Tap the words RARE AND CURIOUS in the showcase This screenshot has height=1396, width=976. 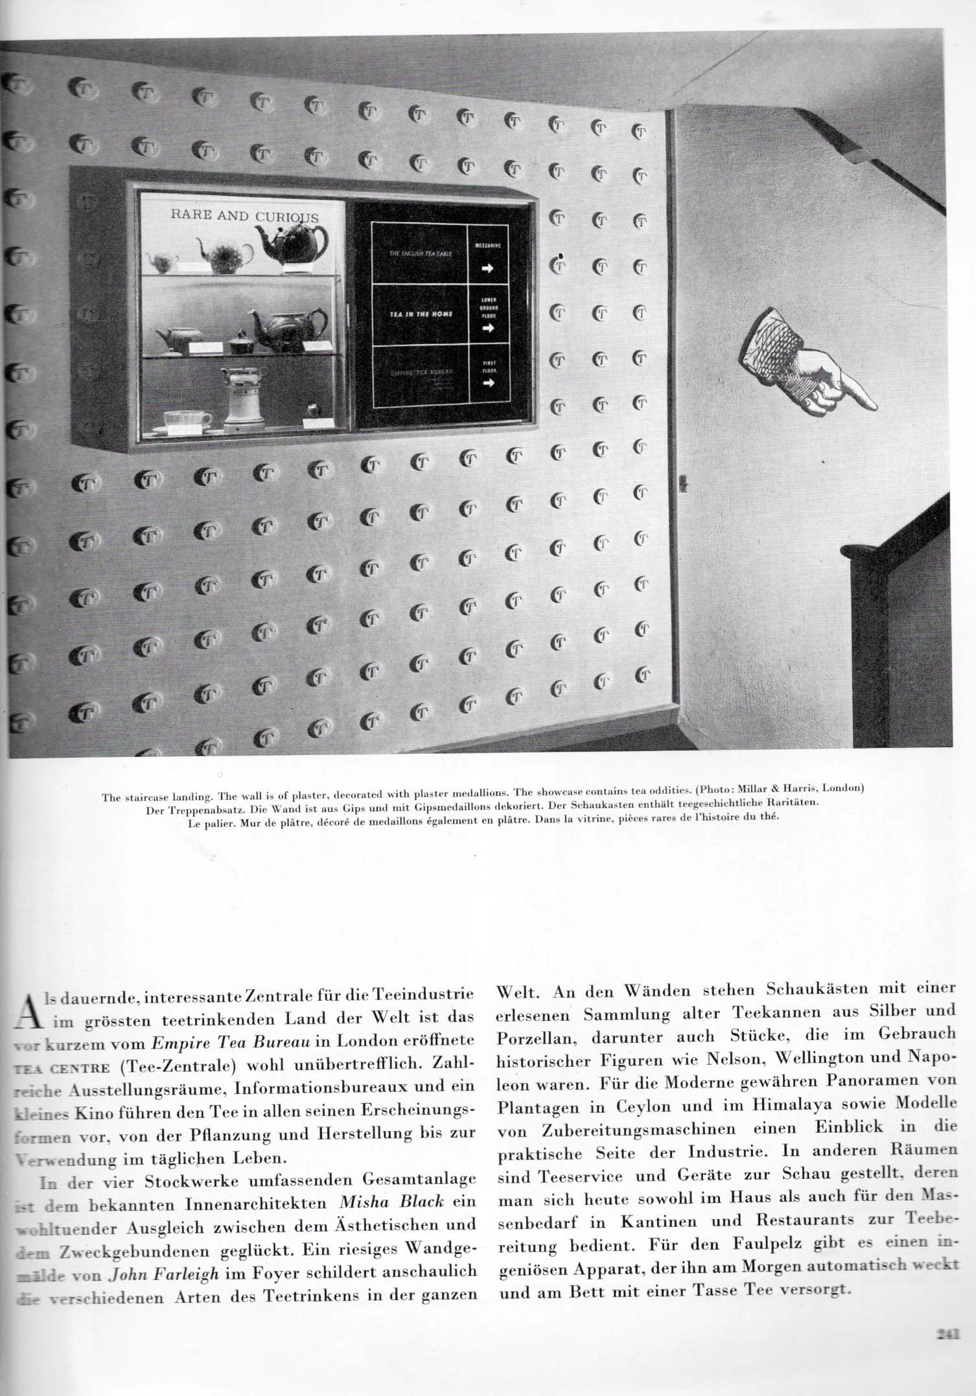(x=244, y=216)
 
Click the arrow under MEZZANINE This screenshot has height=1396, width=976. (x=488, y=269)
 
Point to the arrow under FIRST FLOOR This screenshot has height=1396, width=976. (x=488, y=383)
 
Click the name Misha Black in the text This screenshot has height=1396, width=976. (x=391, y=1201)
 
